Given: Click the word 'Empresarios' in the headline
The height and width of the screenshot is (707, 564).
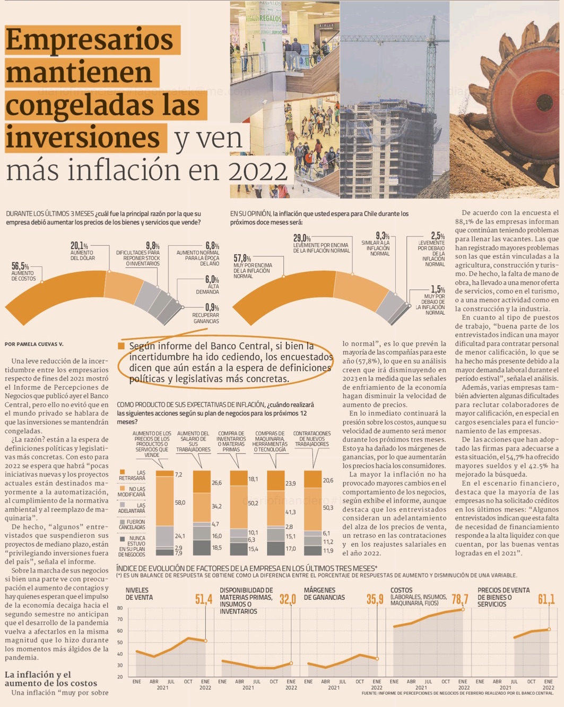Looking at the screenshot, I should [89, 39].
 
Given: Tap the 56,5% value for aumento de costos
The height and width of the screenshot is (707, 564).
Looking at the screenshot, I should [20, 266].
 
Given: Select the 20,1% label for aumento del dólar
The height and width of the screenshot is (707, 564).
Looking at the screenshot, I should [79, 246].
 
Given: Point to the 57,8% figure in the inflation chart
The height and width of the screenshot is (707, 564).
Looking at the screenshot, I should [242, 258].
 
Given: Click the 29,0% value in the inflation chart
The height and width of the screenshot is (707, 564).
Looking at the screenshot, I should [302, 238].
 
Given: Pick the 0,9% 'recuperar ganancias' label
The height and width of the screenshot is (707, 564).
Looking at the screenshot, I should [212, 307].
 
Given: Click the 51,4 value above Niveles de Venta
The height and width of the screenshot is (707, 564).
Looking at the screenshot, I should [204, 599].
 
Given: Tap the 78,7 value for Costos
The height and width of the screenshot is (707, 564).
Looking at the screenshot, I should [459, 599].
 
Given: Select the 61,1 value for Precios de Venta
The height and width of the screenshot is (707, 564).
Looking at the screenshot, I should [546, 599].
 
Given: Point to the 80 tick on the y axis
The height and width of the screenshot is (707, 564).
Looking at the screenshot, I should [120, 608].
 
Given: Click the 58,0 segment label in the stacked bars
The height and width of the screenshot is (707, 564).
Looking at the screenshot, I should [180, 502].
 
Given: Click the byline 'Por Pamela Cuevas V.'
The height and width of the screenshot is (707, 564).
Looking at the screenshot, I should [34, 344].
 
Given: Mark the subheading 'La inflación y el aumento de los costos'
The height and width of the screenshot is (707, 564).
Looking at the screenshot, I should [51, 679].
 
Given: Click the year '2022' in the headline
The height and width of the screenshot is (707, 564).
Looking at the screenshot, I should [257, 171].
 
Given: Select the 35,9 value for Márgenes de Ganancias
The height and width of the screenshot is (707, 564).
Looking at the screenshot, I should [375, 599].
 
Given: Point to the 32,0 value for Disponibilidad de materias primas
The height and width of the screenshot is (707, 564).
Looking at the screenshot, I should [288, 599].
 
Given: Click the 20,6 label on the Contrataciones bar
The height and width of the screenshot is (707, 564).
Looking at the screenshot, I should [328, 480].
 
